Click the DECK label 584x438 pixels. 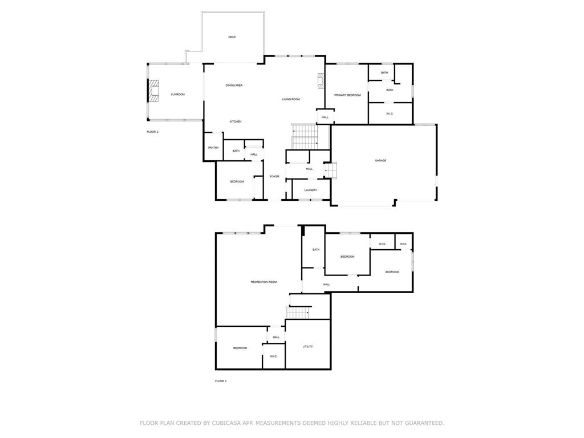click(232, 37)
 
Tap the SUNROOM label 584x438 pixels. click(178, 95)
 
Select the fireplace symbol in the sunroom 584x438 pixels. click(153, 90)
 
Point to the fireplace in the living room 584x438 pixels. click(321, 81)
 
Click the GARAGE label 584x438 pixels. click(380, 160)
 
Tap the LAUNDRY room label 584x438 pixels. click(311, 190)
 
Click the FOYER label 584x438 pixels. click(274, 177)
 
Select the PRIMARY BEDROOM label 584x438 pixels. click(347, 95)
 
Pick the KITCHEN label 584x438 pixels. click(236, 122)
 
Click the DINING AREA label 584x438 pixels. click(234, 86)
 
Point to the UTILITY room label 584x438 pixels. click(307, 347)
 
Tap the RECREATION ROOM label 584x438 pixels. click(263, 282)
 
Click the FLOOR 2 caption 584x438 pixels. click(153, 132)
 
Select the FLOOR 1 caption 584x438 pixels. click(221, 381)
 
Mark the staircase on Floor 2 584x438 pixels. click(305, 136)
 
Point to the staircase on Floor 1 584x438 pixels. click(298, 313)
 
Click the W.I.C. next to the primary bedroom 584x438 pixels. click(390, 114)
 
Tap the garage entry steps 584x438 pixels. click(330, 170)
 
